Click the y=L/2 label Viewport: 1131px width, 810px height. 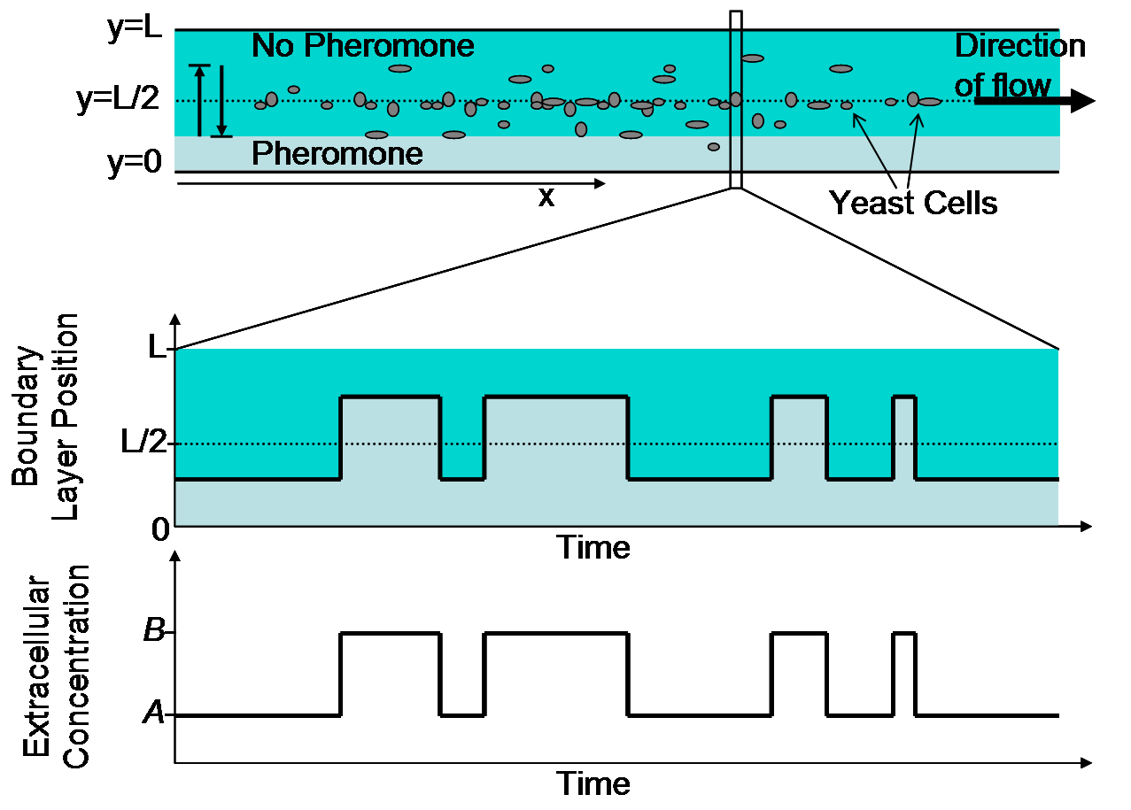tap(118, 100)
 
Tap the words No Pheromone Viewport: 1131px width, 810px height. tap(362, 45)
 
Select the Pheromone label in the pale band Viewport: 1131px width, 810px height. tap(337, 154)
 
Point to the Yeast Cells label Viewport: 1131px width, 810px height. tap(913, 204)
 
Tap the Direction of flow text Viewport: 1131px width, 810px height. tap(1019, 65)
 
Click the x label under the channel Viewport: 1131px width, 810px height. tap(546, 197)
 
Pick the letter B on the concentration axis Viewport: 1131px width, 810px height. tap(154, 634)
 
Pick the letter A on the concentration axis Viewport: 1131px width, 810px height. tap(153, 714)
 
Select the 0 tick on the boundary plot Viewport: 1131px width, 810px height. tap(159, 529)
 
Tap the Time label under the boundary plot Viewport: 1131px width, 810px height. tap(593, 547)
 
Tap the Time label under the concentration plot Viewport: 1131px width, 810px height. tap(593, 783)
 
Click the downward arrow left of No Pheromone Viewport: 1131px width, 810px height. tap(222, 100)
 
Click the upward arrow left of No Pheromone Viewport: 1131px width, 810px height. tap(199, 100)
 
